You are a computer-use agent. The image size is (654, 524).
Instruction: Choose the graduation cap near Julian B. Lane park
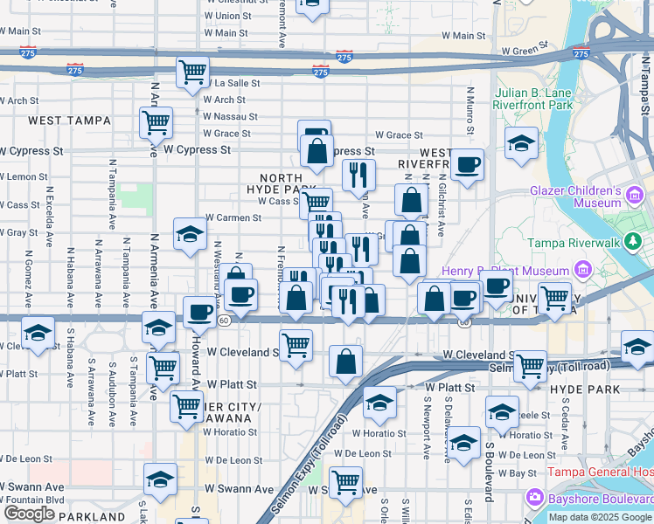[x=521, y=142]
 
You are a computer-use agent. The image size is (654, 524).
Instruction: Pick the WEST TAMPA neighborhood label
[x=70, y=120]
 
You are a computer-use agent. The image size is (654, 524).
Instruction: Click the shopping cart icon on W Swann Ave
[x=347, y=481]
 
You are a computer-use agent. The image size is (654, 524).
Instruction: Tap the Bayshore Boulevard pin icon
[x=534, y=498]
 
